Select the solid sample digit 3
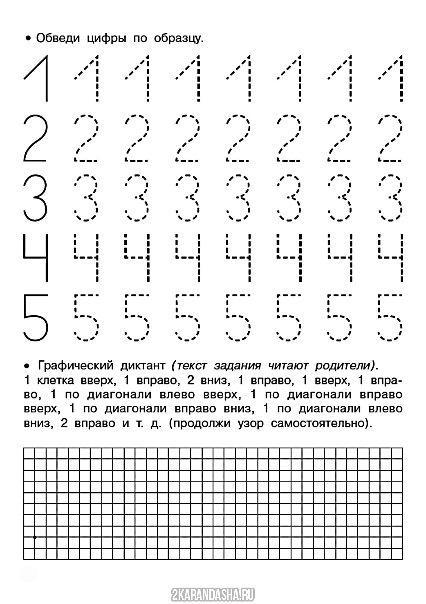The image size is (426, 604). (x=36, y=197)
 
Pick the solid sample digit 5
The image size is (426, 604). (x=36, y=317)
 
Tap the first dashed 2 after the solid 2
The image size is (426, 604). (x=86, y=138)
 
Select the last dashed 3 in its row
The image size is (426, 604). (x=391, y=197)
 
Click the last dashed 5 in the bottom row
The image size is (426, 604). (x=391, y=317)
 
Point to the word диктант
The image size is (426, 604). (x=143, y=365)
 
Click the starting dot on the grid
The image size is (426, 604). (x=35, y=537)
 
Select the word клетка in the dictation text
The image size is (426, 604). (x=55, y=380)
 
